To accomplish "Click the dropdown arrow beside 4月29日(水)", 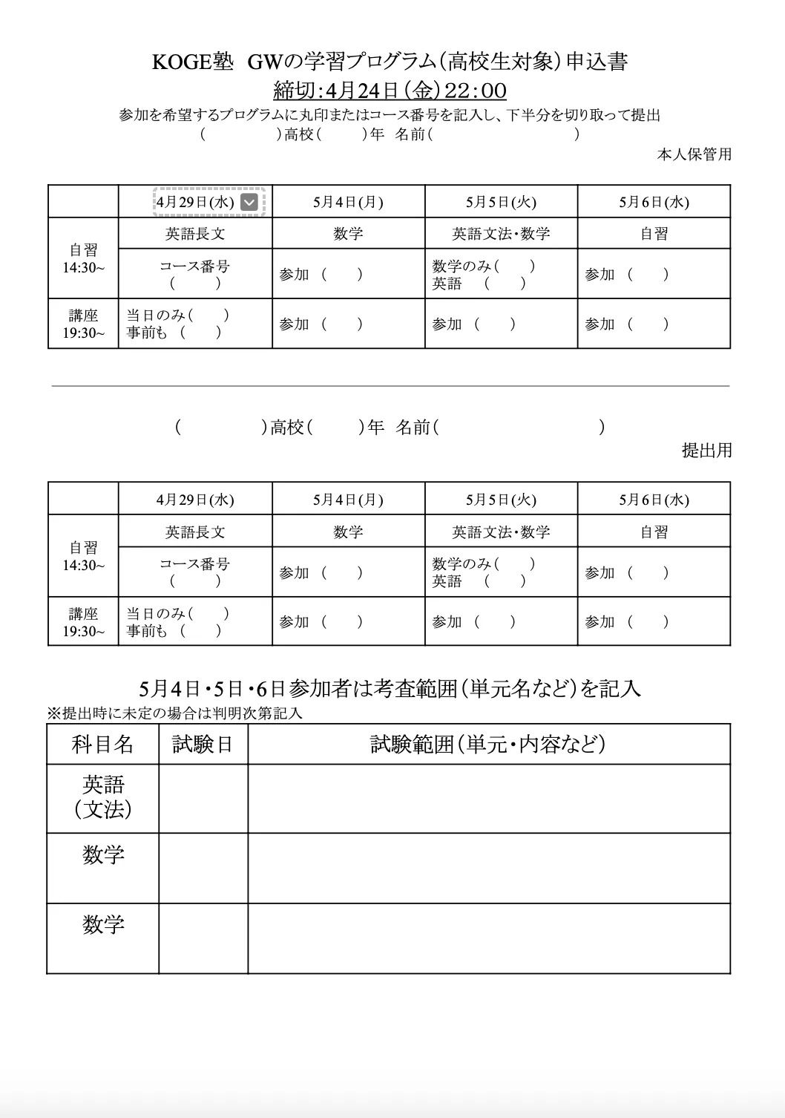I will (250, 202).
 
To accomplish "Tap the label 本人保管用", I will (694, 154).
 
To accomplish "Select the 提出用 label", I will (706, 450).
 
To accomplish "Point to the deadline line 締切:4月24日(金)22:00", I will (390, 91).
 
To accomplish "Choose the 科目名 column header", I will (102, 744).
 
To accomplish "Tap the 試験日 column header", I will (203, 744).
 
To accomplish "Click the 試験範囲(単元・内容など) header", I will (488, 744).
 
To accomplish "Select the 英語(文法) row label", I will (103, 797).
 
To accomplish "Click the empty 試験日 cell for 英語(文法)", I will (203, 799).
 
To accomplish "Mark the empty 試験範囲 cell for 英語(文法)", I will (488, 799).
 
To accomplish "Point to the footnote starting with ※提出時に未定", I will (175, 713).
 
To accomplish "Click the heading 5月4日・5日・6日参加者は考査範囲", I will (390, 688).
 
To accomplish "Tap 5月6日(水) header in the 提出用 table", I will (654, 500).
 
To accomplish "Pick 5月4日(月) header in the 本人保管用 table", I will (348, 202).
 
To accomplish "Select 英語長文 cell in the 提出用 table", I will (195, 532).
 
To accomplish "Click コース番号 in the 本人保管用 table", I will (195, 266).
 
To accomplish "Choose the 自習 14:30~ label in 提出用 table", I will (83, 556).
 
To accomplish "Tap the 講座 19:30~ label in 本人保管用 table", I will (83, 324).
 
